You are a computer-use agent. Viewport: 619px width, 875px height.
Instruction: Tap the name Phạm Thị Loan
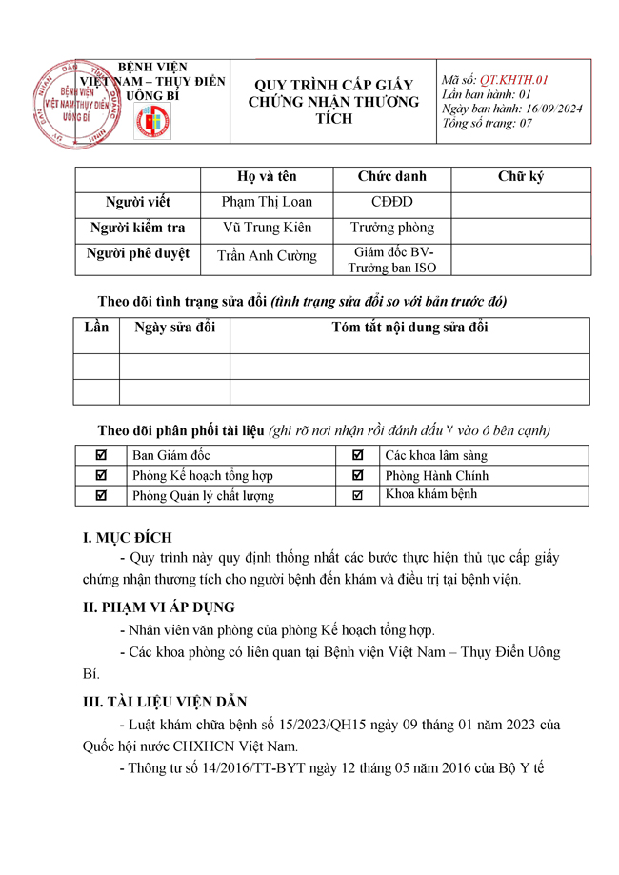(267, 202)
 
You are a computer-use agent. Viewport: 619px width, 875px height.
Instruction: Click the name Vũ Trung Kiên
(267, 228)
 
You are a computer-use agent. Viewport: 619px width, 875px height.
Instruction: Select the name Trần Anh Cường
(267, 255)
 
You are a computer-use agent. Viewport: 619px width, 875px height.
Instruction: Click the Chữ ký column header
(521, 176)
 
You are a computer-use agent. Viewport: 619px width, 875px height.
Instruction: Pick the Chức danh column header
(391, 176)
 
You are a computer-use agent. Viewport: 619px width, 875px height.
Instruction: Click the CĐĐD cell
(391, 202)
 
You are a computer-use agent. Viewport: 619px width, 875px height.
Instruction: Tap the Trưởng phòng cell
(391, 228)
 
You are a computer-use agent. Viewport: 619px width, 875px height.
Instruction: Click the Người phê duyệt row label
(137, 253)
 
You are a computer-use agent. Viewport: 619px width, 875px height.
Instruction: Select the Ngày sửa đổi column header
(174, 328)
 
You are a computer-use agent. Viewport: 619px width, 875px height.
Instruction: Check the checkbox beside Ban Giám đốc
(102, 455)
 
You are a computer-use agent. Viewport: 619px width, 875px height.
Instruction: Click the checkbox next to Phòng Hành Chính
(358, 475)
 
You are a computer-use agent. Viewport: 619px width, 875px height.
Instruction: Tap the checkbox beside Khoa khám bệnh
(358, 495)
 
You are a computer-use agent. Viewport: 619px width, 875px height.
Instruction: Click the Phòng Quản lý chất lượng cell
(203, 495)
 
